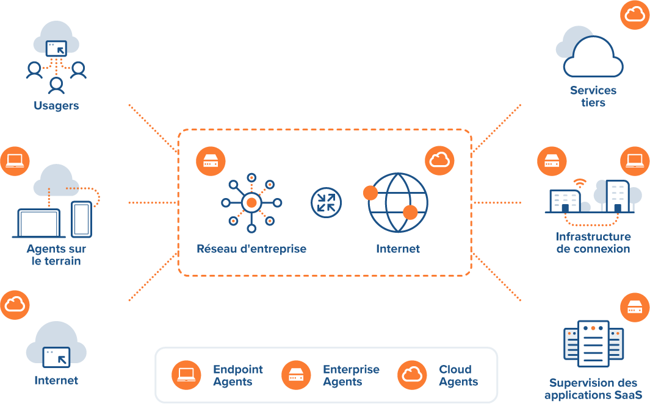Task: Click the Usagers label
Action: point(56,105)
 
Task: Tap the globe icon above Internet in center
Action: point(397,202)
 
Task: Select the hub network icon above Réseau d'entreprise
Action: point(251,202)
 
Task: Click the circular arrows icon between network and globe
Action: point(327,202)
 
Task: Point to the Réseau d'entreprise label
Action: point(251,249)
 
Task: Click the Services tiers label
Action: point(593,96)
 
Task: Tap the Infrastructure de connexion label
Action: point(593,243)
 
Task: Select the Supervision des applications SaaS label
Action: point(593,389)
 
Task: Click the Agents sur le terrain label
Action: point(56,255)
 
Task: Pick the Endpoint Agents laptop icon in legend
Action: point(186,375)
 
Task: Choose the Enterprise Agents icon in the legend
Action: point(296,375)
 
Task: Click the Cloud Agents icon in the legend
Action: point(412,375)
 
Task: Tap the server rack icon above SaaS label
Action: point(593,344)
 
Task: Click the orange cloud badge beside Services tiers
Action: point(635,15)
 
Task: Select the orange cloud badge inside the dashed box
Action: point(439,160)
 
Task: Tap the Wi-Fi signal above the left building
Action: point(579,183)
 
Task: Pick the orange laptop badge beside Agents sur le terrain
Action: point(15,161)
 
